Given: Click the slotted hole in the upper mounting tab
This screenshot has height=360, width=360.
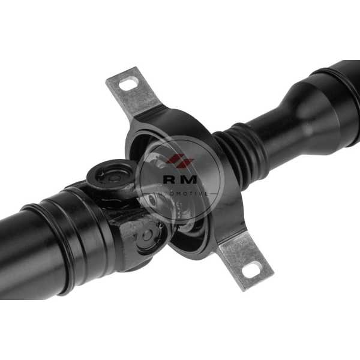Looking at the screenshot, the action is (x=129, y=83).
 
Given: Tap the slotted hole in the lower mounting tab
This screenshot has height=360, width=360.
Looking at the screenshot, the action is (x=251, y=268).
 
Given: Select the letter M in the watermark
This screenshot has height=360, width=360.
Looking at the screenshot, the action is (x=190, y=179).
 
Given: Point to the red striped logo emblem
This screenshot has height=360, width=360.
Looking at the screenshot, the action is (x=180, y=160).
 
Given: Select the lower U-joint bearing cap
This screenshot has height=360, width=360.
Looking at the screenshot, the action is (x=147, y=236).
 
